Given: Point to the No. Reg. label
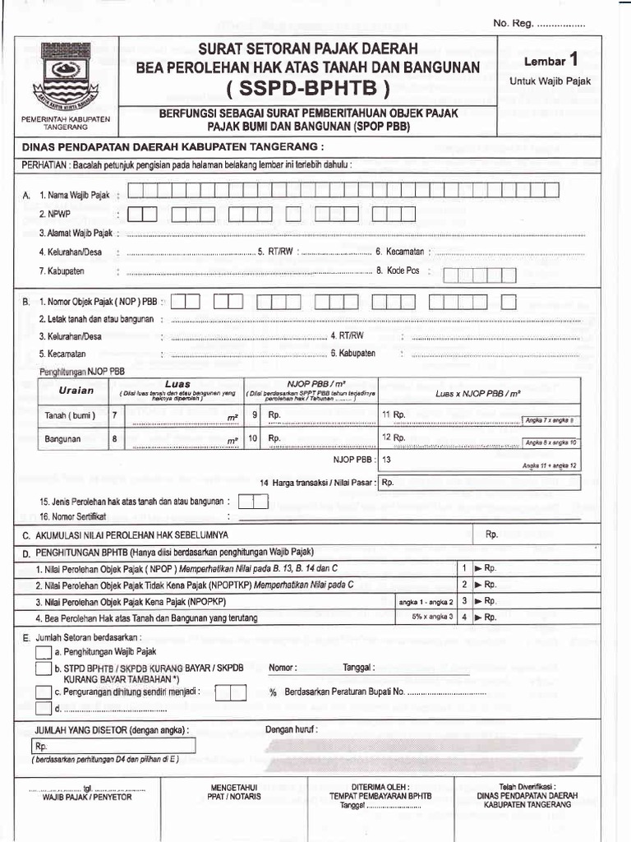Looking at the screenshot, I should pos(513,23).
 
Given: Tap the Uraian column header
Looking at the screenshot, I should pos(76,390).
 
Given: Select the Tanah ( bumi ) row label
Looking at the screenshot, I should pos(70,415).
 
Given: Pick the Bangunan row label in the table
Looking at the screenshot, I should pos(62,439).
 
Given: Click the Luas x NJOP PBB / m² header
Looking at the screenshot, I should pos(478,394).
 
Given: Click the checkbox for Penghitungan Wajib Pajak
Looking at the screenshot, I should pos(44,652).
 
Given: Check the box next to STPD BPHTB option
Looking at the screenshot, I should pos(44,669).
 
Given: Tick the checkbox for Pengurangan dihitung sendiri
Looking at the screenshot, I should pos(44,692).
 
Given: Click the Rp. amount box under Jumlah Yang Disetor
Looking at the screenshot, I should pos(114,746).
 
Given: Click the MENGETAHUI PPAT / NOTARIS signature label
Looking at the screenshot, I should pos(234,792).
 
